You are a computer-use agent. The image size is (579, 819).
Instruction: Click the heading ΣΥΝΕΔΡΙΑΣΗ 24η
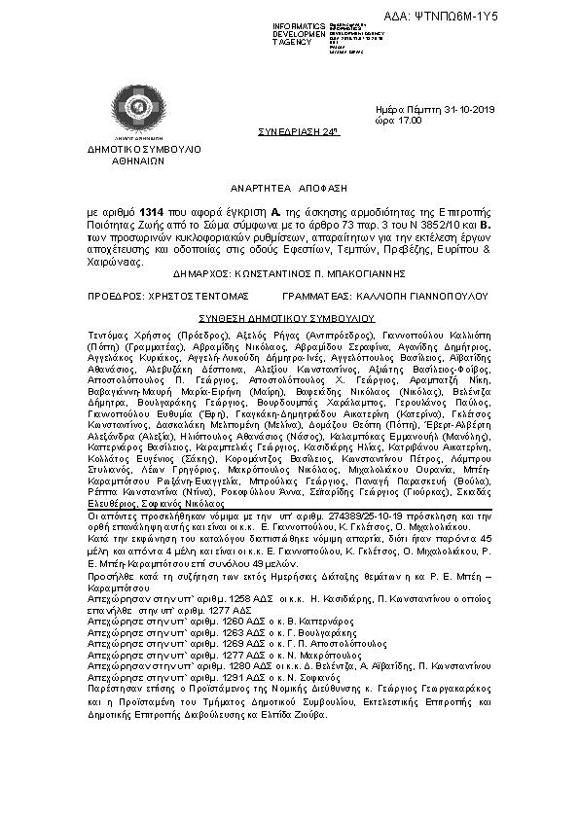point(276,129)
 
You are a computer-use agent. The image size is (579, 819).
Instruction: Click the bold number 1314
point(151,210)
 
